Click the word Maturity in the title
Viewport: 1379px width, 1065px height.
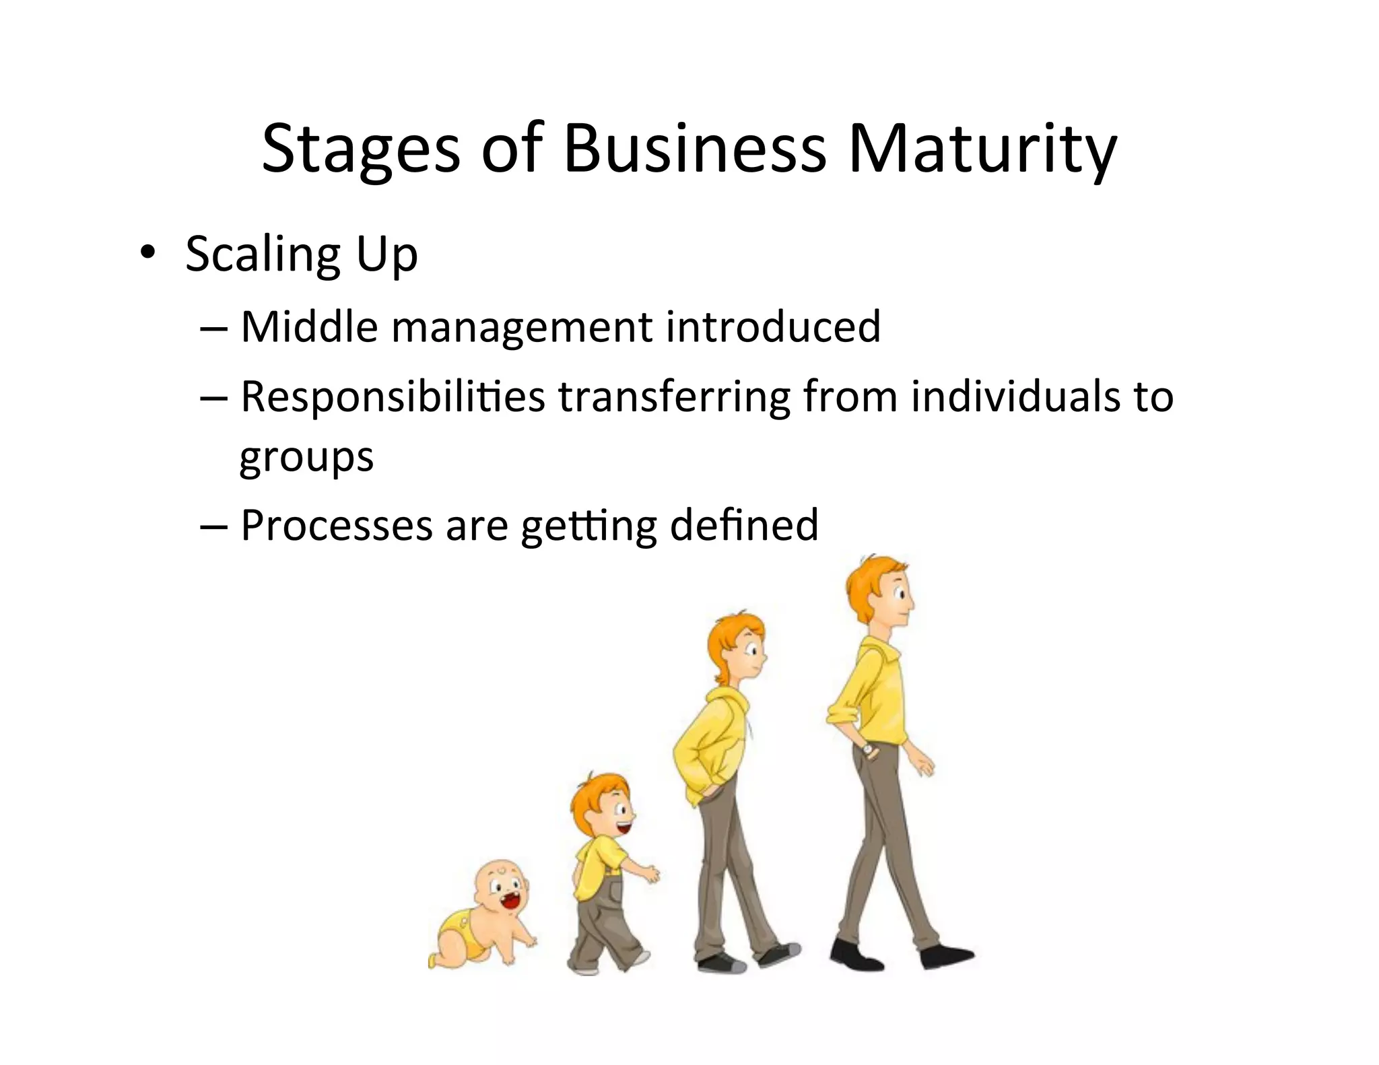tap(982, 149)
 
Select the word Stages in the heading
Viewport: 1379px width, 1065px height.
tap(360, 149)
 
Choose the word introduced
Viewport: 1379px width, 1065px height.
tap(773, 327)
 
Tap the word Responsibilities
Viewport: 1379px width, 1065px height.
tap(393, 397)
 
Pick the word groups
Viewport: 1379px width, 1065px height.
tap(306, 458)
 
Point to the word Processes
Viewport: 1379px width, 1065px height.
tap(337, 525)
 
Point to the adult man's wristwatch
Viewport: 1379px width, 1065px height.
tap(868, 749)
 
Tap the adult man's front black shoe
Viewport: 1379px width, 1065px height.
tap(945, 956)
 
